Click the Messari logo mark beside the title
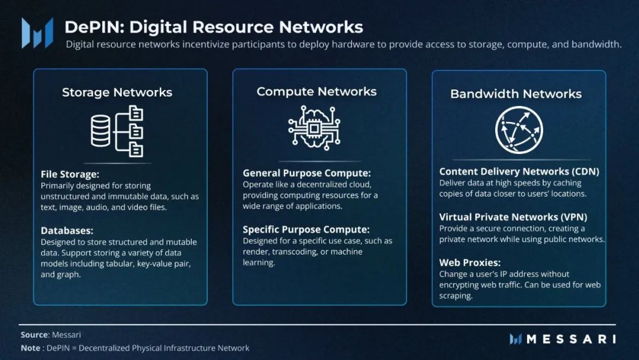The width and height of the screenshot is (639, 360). point(37,33)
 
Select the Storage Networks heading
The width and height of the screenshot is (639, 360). point(117,92)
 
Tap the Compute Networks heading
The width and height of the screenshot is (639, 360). point(317,91)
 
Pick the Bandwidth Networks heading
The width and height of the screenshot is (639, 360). point(516,94)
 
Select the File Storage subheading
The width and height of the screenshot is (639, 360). point(70,174)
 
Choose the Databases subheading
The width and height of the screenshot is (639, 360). point(67,230)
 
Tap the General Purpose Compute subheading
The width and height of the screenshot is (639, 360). point(306,173)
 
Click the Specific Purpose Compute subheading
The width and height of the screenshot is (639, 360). point(306,229)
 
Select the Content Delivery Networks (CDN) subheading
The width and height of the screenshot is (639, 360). point(519,171)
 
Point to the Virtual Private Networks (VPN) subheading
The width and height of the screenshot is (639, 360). point(513,217)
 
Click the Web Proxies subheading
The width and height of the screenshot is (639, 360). point(470,262)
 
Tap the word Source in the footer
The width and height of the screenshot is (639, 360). point(34,335)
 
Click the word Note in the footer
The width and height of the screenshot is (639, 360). point(31,348)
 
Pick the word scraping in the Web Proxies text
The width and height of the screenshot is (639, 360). point(456,295)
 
